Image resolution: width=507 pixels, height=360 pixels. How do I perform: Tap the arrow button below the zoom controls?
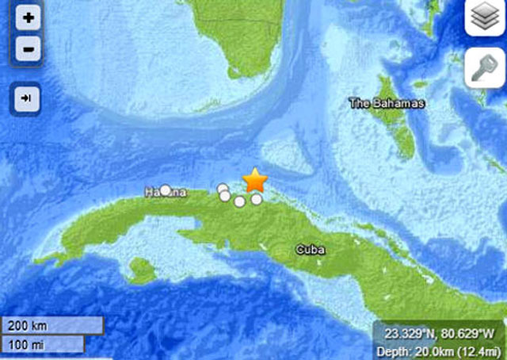[28, 98]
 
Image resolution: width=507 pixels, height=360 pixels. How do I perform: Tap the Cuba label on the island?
[310, 249]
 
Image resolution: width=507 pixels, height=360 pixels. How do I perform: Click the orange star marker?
[255, 181]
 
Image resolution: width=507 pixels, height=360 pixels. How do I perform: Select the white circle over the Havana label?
[166, 190]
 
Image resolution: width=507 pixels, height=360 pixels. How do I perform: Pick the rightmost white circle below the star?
[257, 200]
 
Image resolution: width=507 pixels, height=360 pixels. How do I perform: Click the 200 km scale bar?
[52, 326]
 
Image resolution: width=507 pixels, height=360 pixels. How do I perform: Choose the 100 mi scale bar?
[43, 343]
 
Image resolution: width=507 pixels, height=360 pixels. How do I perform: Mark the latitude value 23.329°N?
[406, 333]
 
